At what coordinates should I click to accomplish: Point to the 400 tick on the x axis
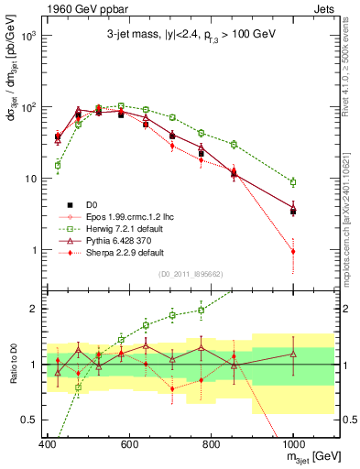pyautogui.click(x=48, y=444)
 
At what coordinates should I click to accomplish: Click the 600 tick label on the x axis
pyautogui.click(x=129, y=444)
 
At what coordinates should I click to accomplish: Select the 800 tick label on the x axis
pyautogui.click(x=211, y=444)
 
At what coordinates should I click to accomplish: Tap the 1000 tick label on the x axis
pyautogui.click(x=292, y=444)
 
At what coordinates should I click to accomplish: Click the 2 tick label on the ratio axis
pyautogui.click(x=34, y=309)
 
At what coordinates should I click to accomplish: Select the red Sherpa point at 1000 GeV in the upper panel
pyautogui.click(x=293, y=251)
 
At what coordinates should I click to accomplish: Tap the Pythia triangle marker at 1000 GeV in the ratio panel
pyautogui.click(x=293, y=354)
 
